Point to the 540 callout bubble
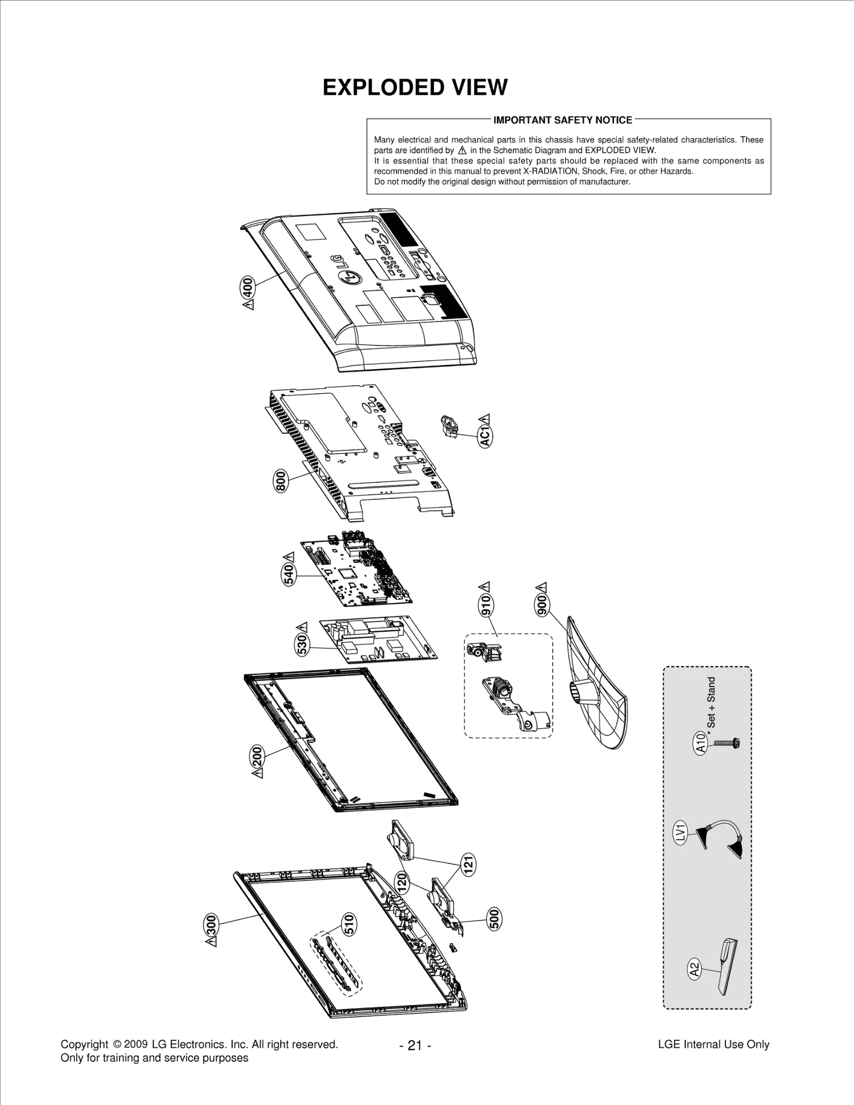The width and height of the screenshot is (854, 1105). (289, 575)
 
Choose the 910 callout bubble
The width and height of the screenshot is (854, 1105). (486, 605)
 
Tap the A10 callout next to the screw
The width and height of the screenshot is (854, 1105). (701, 742)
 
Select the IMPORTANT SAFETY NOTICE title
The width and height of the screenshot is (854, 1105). (563, 120)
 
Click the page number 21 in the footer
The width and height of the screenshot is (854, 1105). (415, 1045)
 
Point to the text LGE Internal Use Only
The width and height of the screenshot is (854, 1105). (714, 1044)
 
